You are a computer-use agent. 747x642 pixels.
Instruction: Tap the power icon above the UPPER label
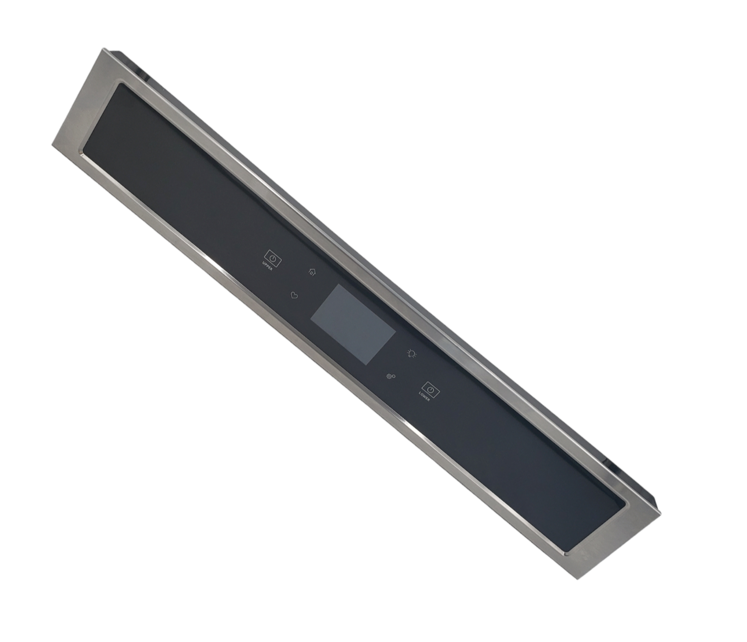(x=273, y=257)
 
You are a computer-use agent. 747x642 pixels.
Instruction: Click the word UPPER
(x=268, y=266)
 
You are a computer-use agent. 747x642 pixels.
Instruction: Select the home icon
(x=312, y=271)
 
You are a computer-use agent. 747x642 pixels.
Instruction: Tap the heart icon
(x=294, y=295)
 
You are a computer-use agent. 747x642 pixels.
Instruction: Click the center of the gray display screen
(x=353, y=325)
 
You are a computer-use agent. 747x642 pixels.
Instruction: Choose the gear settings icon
(x=389, y=377)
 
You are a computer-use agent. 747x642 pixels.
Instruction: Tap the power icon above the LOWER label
(x=430, y=389)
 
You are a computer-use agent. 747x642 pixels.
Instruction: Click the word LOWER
(x=424, y=397)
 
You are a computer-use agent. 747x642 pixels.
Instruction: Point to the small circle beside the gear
(x=394, y=375)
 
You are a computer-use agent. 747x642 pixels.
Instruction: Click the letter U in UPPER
(x=264, y=264)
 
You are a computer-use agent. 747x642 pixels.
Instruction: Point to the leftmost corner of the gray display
(x=311, y=320)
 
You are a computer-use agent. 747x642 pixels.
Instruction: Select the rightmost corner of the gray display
(x=395, y=330)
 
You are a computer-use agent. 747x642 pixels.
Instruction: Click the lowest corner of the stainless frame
(x=578, y=579)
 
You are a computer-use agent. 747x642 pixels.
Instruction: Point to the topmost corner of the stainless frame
(x=103, y=48)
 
